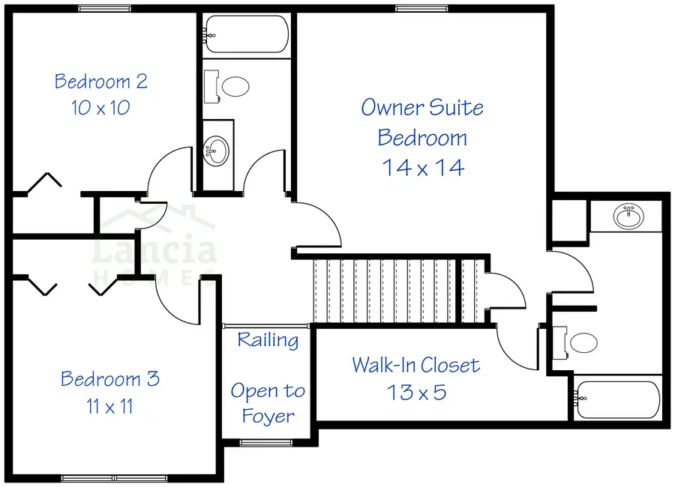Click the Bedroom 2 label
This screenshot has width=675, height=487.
100,81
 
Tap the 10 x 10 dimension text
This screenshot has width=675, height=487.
100,107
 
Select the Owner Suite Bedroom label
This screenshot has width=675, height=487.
422,122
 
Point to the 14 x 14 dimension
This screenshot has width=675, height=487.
423,167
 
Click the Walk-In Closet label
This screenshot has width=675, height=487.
415,366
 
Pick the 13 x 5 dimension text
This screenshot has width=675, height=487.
416,391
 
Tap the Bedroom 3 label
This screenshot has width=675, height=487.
110,379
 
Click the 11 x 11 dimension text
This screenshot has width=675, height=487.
109,407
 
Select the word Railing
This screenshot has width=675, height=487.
268,340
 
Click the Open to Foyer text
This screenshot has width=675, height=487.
268,403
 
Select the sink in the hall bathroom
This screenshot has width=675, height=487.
217,151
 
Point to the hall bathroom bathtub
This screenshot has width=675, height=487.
244,34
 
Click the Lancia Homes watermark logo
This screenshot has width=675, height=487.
154,247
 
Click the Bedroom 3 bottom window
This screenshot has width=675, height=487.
115,478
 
